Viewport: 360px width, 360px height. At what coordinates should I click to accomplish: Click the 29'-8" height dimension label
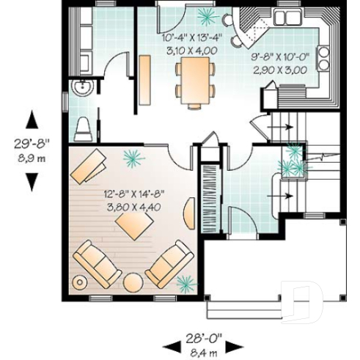click(x=32, y=144)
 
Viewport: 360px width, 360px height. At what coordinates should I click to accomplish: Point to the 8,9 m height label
click(x=32, y=157)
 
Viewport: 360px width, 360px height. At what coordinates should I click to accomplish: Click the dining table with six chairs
click(x=195, y=80)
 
